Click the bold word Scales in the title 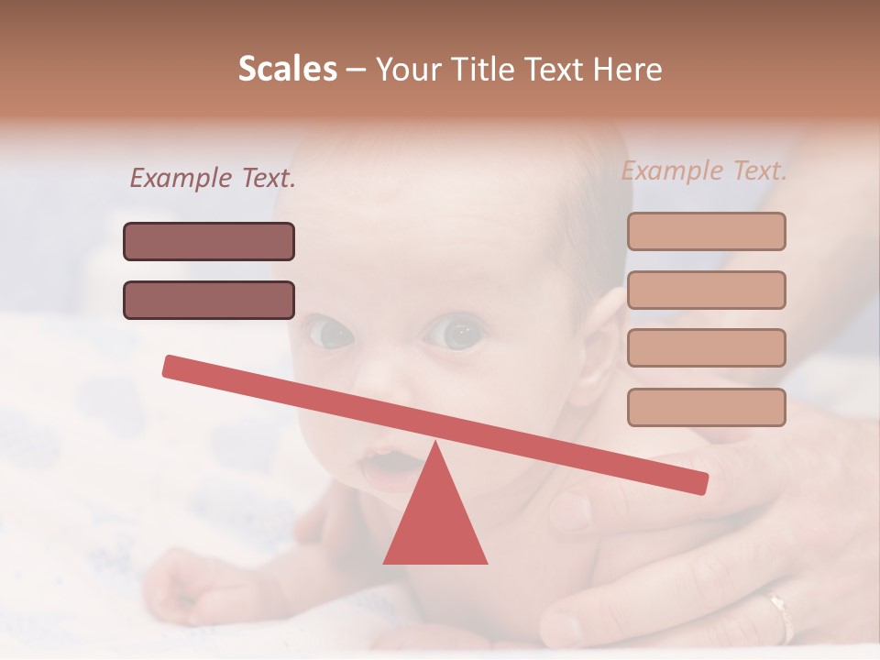[x=287, y=69]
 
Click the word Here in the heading [x=628, y=69]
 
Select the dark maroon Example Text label [x=213, y=178]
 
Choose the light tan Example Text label [x=704, y=170]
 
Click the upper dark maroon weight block [x=209, y=241]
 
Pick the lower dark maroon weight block [x=209, y=300]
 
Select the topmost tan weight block [x=706, y=231]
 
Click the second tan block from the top [x=706, y=290]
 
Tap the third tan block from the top [x=706, y=347]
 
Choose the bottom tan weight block [x=706, y=407]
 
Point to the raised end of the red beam [x=174, y=367]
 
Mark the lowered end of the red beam [x=697, y=482]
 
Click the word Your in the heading [x=408, y=69]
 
